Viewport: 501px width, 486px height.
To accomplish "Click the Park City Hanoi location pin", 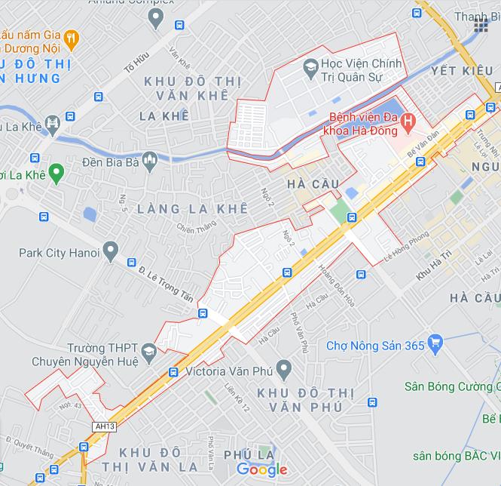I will (111, 250).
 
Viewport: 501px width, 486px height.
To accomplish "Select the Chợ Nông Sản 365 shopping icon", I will (434, 345).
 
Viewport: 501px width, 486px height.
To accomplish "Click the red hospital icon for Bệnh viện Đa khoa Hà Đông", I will (408, 119).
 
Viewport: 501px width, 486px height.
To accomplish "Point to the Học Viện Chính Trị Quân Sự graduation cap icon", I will (309, 69).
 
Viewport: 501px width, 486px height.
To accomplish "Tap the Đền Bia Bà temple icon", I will (148, 160).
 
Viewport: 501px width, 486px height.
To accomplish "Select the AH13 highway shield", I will (104, 426).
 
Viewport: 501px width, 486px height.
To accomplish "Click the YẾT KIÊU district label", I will (456, 71).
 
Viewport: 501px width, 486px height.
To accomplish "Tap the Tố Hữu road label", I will (137, 63).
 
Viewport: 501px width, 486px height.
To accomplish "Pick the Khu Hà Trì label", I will (433, 271).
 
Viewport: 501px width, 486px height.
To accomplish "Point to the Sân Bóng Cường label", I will (449, 386).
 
